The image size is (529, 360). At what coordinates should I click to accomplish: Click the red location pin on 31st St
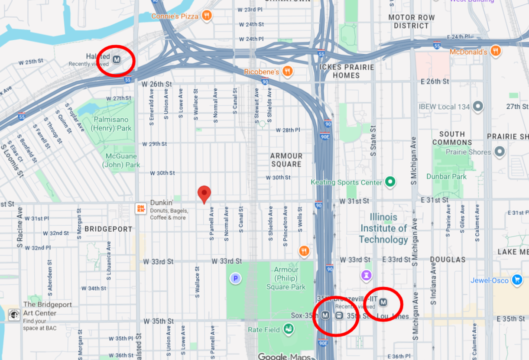(x=204, y=193)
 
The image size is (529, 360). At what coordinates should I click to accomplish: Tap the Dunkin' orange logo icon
(x=140, y=208)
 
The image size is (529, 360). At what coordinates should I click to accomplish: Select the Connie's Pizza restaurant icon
(x=207, y=16)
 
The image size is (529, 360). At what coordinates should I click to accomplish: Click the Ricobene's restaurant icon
(x=287, y=71)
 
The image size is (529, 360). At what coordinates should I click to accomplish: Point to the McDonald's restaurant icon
(x=496, y=52)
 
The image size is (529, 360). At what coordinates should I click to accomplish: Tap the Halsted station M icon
(x=117, y=59)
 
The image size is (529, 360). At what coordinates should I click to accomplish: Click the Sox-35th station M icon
(x=326, y=315)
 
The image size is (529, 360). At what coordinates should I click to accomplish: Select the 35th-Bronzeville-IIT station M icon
(x=383, y=302)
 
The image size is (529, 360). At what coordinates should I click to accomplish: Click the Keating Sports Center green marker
(x=390, y=182)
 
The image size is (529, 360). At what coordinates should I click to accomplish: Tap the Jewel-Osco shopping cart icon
(x=516, y=280)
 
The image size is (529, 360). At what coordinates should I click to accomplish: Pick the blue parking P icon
(x=235, y=278)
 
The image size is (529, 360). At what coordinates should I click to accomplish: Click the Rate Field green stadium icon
(x=288, y=330)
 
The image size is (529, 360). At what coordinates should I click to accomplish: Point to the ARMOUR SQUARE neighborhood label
(x=286, y=160)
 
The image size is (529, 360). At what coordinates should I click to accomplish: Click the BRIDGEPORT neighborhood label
(x=108, y=229)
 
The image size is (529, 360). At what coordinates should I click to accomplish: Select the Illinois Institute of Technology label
(x=383, y=228)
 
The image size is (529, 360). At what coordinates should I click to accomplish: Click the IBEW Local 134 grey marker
(x=478, y=106)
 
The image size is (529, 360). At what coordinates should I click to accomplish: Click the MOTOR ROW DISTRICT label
(x=411, y=22)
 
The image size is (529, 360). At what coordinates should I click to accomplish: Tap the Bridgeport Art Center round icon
(x=14, y=315)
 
